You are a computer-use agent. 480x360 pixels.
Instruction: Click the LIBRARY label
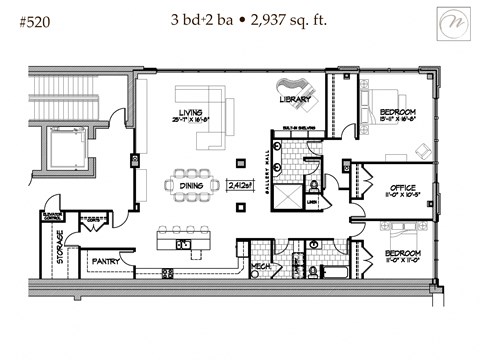pos(295,99)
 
